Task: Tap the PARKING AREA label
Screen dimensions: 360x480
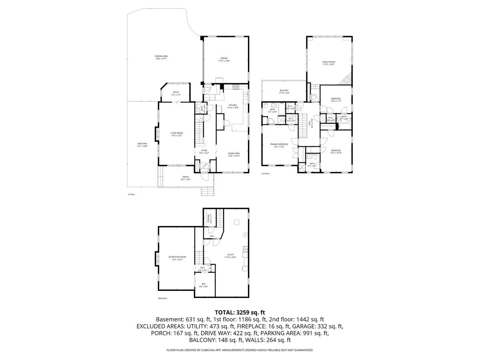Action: point(161,56)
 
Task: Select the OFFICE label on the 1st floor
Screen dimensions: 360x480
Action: point(176,92)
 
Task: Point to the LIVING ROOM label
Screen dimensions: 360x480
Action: point(176,133)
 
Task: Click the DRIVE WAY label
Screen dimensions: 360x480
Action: point(142,144)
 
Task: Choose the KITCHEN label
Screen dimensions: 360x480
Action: point(232,105)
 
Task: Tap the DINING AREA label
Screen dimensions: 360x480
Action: point(234,154)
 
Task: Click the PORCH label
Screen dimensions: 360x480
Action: point(186,177)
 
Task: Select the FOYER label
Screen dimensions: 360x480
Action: point(204,151)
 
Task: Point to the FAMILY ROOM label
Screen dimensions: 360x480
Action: point(328,62)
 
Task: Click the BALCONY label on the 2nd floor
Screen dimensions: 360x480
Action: point(284,91)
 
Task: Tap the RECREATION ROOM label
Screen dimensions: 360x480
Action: point(177,257)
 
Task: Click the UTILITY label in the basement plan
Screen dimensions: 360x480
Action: point(230,255)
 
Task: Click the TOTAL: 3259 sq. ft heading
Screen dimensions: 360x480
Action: point(240,312)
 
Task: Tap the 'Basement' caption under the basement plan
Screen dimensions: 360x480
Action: point(163,298)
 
